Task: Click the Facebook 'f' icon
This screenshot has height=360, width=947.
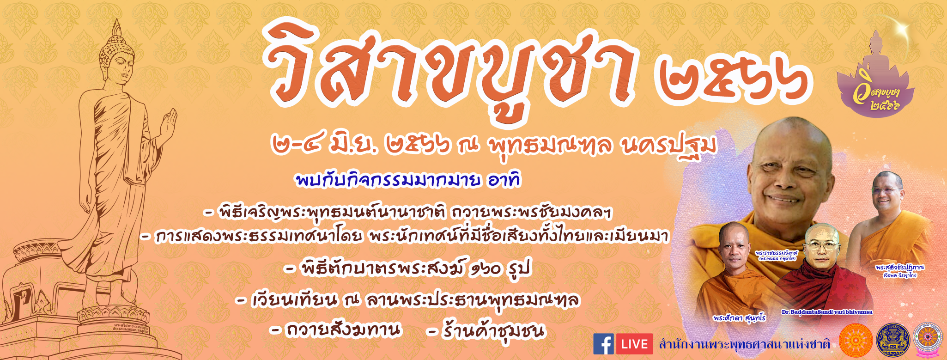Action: (603, 344)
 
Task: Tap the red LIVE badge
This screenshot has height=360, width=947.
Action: (634, 344)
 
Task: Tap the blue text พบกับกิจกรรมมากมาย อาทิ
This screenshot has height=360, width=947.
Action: (408, 180)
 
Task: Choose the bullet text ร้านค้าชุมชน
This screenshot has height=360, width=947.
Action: (492, 331)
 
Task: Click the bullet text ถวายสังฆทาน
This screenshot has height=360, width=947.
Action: (342, 330)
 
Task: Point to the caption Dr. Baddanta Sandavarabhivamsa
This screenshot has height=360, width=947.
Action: (826, 312)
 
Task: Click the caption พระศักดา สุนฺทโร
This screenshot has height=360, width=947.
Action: (739, 318)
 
